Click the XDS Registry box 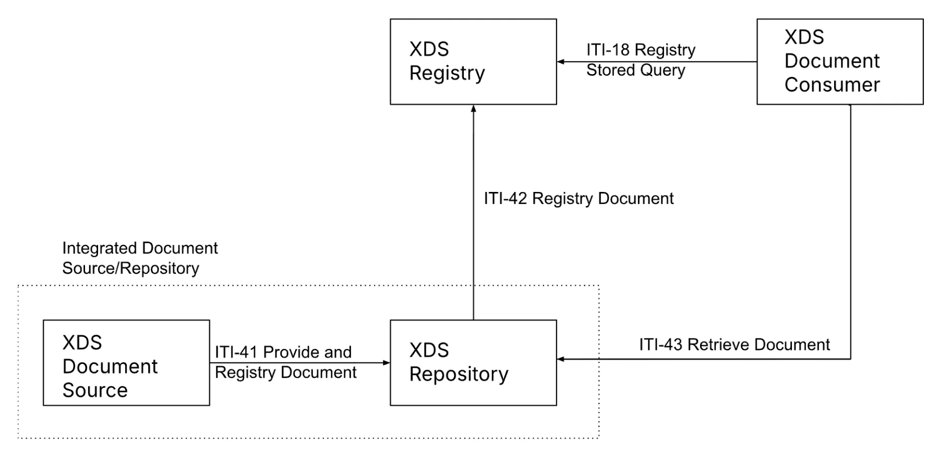[473, 62]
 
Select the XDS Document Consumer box [840, 62]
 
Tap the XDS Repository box [473, 362]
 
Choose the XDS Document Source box [126, 362]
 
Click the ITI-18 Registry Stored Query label [640, 59]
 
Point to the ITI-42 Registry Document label [579, 198]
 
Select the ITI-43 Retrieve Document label [734, 344]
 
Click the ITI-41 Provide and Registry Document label [285, 362]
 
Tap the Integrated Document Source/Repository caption [139, 258]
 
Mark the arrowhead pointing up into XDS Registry [474, 108]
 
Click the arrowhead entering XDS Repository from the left [387, 362]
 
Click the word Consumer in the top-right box [832, 84]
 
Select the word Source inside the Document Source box [95, 390]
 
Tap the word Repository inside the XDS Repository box [459, 374]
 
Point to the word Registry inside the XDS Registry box [447, 73]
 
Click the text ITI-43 [660, 344]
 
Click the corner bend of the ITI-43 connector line [851, 359]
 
